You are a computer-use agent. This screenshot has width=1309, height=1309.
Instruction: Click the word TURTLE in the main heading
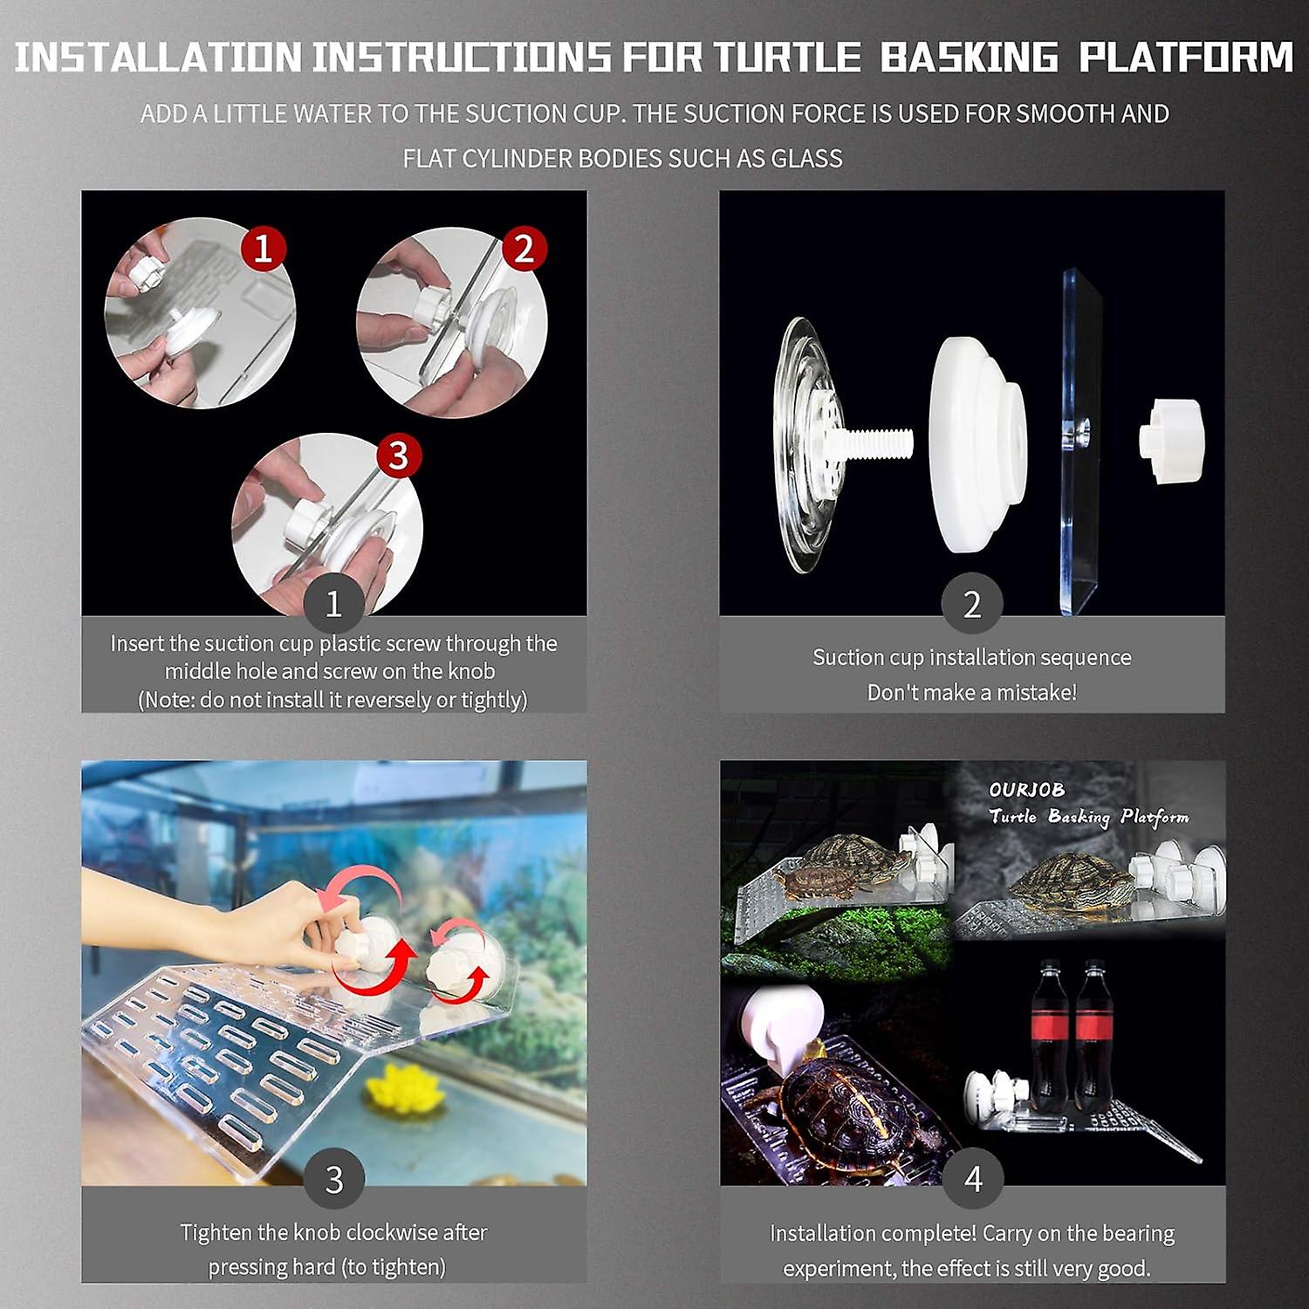pos(787,58)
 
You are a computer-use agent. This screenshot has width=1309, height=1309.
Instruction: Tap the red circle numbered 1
pos(264,249)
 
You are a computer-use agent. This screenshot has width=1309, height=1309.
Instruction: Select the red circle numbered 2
pos(523,249)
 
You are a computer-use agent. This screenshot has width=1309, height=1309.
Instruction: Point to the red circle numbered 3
pos(399,455)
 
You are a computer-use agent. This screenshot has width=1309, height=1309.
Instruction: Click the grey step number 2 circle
pos(972,604)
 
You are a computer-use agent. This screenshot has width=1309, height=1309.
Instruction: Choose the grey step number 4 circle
pos(973,1179)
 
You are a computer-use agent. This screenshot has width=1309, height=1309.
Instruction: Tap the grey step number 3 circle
pos(333,1179)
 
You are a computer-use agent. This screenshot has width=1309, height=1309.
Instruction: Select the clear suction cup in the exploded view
pos(807,445)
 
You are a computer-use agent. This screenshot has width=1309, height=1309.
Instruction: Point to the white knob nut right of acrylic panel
pos(1171,441)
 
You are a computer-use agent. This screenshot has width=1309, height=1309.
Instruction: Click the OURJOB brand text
pos(1026,790)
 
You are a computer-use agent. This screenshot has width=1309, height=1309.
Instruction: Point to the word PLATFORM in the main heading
pos(1186,58)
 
